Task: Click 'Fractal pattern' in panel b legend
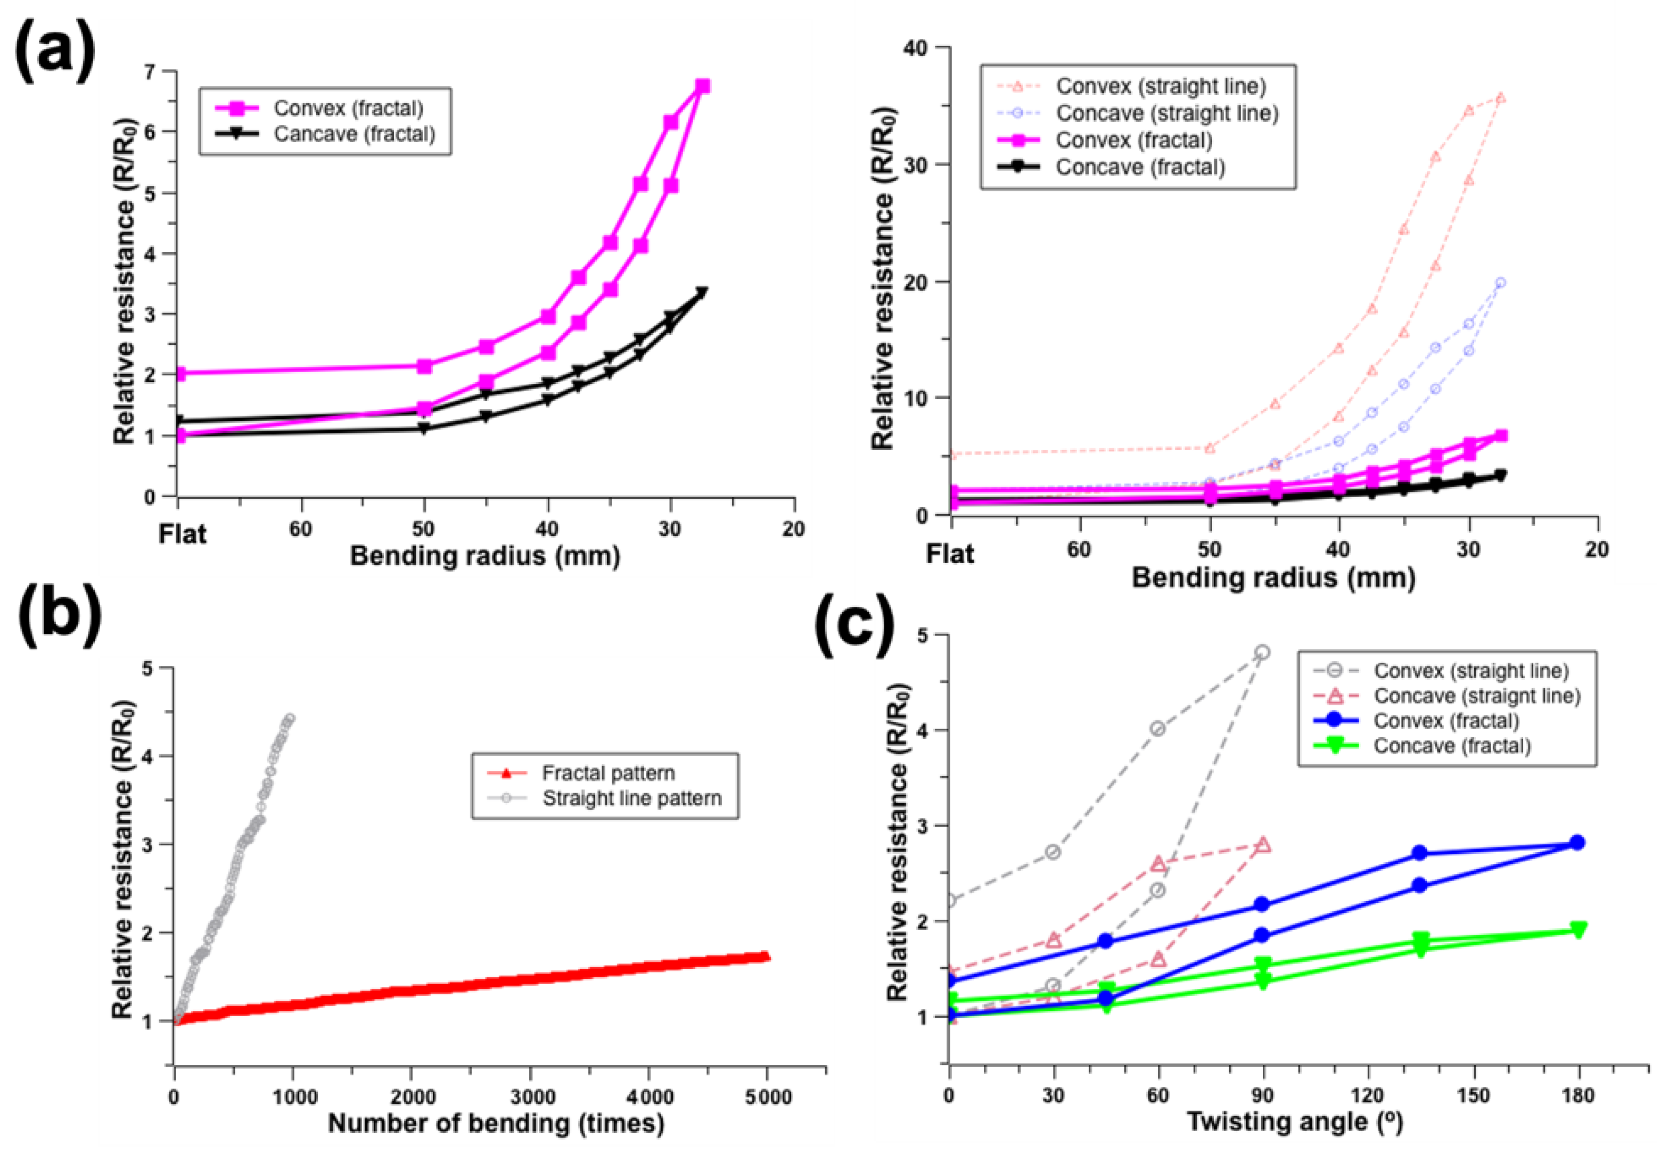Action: click(x=607, y=773)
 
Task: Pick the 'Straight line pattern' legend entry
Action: click(x=631, y=798)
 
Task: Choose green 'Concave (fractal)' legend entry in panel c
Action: click(x=1451, y=746)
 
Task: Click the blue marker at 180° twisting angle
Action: click(x=1577, y=843)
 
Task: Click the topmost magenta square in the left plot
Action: click(x=702, y=86)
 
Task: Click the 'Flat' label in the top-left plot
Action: click(x=182, y=534)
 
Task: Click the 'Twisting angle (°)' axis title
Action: click(x=1294, y=1122)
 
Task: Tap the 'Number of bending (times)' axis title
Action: click(x=496, y=1123)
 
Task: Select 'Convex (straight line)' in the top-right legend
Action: click(x=1161, y=86)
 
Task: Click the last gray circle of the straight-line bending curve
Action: click(x=290, y=718)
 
